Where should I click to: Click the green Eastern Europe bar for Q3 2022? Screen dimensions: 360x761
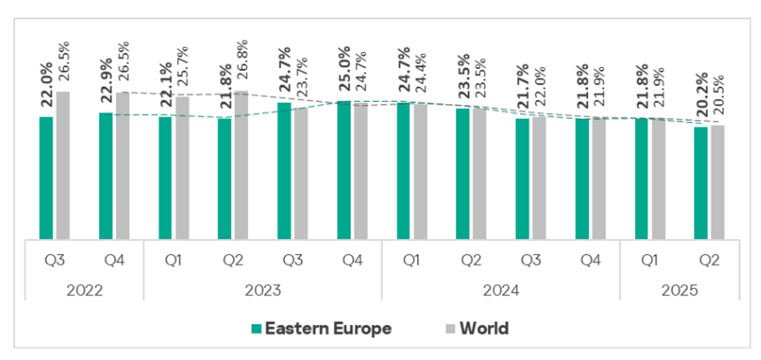tap(46, 178)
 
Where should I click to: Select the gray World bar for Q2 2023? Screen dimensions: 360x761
tap(241, 165)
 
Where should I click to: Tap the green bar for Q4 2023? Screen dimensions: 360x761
tap(344, 170)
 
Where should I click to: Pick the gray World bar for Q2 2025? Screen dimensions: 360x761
tap(717, 182)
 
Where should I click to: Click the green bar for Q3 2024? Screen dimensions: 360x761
tap(522, 179)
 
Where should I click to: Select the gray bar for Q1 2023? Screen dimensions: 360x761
tap(182, 168)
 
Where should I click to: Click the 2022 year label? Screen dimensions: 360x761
tap(84, 290)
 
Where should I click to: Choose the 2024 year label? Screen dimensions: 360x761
tap(501, 290)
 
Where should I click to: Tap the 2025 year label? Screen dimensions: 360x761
tap(679, 290)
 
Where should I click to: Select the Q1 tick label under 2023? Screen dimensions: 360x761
tap(173, 261)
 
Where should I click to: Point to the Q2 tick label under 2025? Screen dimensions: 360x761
tap(709, 261)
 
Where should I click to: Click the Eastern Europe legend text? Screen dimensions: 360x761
tap(328, 329)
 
